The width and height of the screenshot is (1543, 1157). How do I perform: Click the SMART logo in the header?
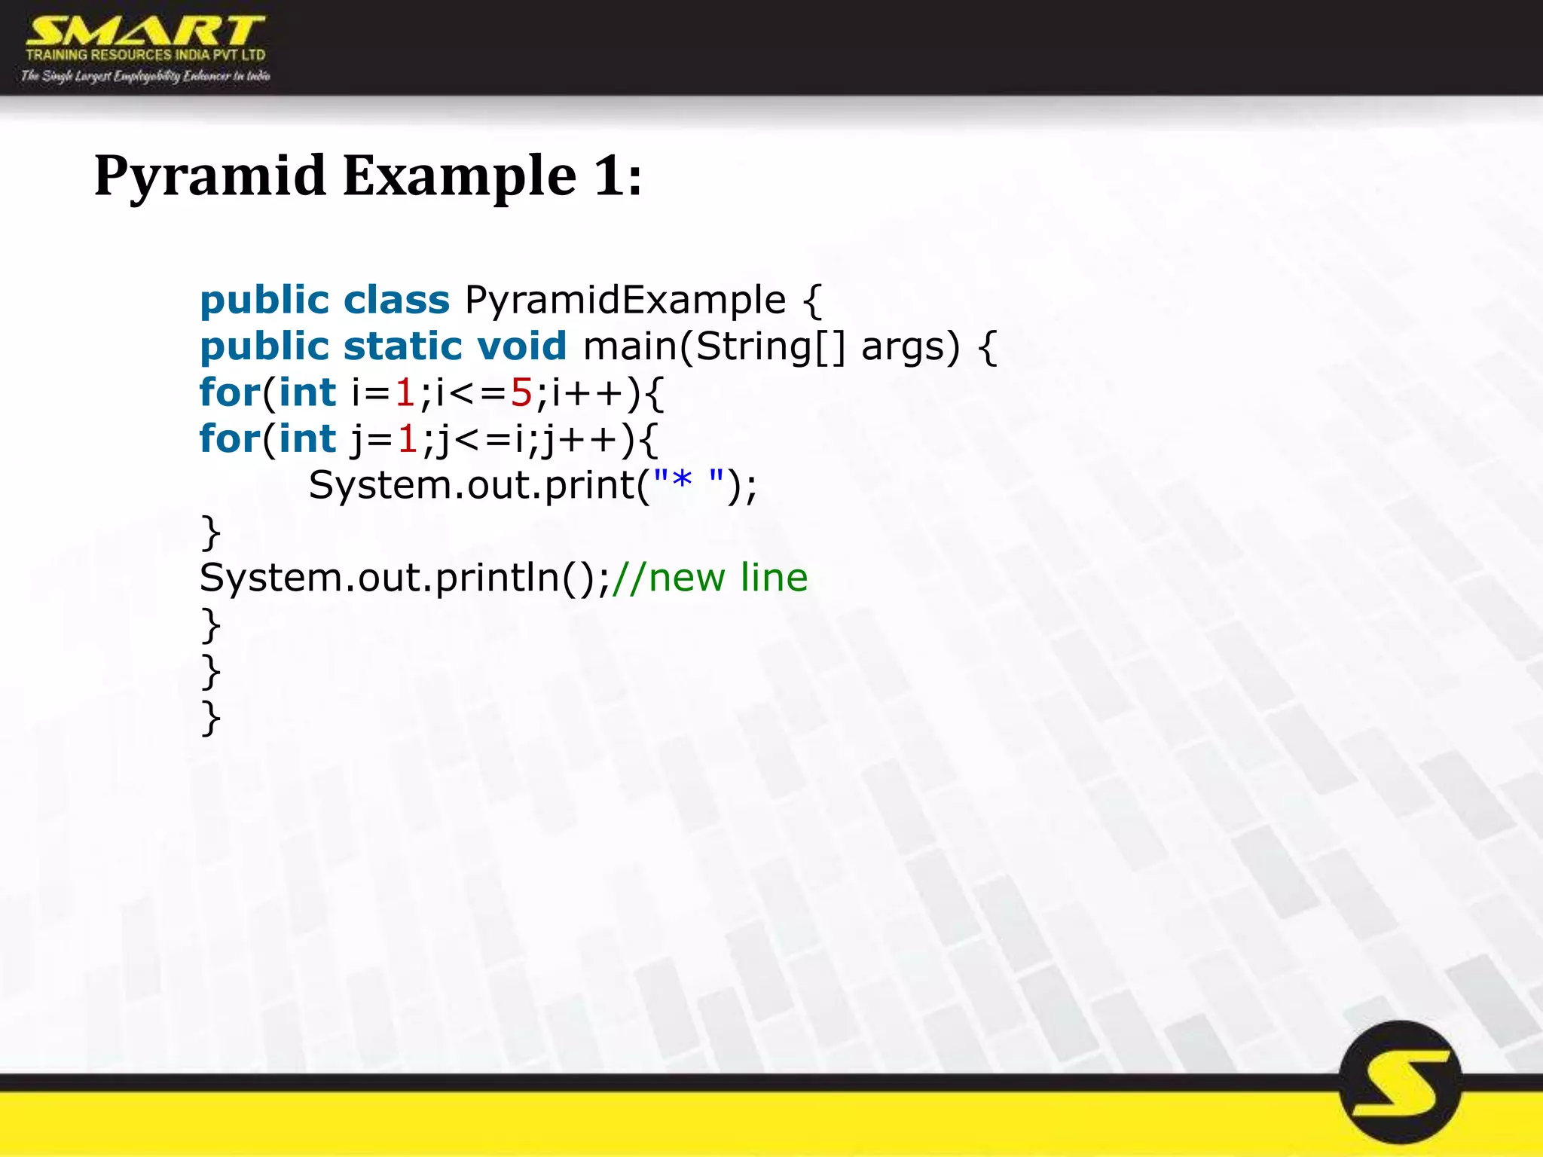point(145,32)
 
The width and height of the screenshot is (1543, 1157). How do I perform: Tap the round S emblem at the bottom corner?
point(1401,1082)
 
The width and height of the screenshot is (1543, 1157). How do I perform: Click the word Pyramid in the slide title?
point(210,176)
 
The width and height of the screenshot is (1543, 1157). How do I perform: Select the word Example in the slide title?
point(460,176)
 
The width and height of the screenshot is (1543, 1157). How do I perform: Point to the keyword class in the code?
point(396,300)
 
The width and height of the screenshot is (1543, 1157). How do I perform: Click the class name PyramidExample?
point(625,300)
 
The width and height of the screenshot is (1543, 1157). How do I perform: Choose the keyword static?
point(402,346)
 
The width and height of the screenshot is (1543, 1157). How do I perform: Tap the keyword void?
point(521,346)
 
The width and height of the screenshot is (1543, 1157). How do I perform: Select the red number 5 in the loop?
point(521,392)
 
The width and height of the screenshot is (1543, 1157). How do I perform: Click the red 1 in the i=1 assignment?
point(405,392)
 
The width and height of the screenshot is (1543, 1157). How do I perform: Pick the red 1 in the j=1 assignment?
point(408,439)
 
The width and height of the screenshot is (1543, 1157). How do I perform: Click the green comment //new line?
point(710,578)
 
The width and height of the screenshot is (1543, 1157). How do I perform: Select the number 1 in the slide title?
point(609,176)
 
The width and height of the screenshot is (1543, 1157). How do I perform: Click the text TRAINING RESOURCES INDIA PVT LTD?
point(145,55)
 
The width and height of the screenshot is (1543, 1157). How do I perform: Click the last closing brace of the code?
point(211,718)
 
